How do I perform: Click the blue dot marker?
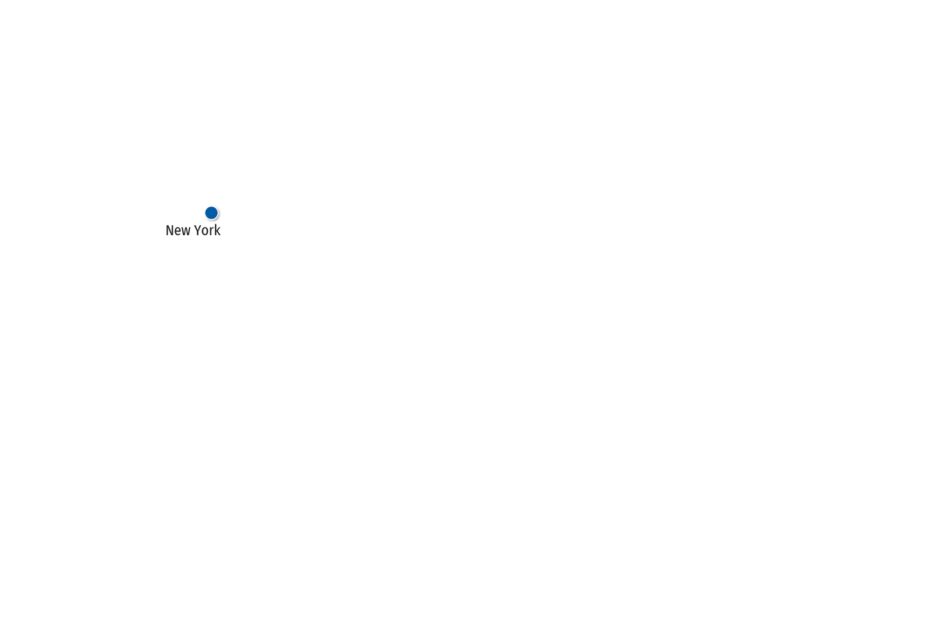click(x=212, y=213)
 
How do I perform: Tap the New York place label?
click(x=193, y=231)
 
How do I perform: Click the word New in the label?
click(x=178, y=231)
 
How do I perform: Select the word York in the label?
click(x=207, y=231)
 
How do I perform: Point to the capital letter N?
click(x=170, y=231)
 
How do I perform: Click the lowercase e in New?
click(x=177, y=232)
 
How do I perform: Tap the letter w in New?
click(x=186, y=232)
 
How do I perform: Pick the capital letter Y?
click(x=198, y=231)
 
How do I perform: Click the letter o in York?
click(x=205, y=232)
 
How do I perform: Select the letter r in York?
click(x=212, y=232)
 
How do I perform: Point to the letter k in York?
click(x=217, y=231)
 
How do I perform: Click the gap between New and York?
click(x=192, y=231)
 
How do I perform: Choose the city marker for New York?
click(x=212, y=213)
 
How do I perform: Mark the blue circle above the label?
click(x=212, y=213)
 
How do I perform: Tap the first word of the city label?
click(x=178, y=231)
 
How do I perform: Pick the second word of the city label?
click(x=207, y=231)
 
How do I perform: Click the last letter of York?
click(x=217, y=231)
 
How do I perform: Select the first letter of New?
click(x=170, y=231)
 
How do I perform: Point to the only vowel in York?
click(x=205, y=232)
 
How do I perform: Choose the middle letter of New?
click(x=177, y=232)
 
